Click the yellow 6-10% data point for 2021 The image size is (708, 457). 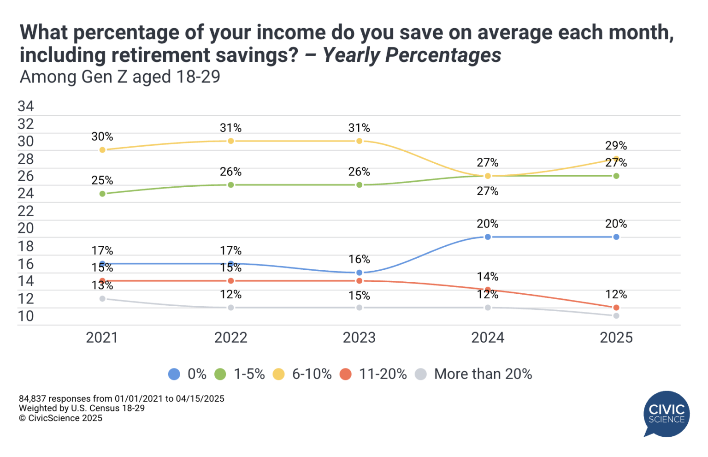[x=102, y=150]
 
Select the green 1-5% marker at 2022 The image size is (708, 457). [x=231, y=185]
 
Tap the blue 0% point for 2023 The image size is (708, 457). [x=359, y=273]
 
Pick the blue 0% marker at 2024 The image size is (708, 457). [x=488, y=237]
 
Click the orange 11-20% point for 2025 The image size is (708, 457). [x=616, y=308]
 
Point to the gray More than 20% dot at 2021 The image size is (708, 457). [x=102, y=299]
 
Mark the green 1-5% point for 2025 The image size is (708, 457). [x=616, y=176]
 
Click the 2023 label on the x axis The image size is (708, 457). [x=359, y=338]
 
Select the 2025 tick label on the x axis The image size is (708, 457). [x=616, y=338]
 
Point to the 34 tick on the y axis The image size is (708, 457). [x=26, y=107]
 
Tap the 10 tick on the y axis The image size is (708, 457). [x=26, y=316]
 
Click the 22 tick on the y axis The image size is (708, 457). [x=26, y=211]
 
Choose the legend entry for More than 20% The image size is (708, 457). [x=483, y=374]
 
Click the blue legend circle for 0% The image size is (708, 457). [x=174, y=374]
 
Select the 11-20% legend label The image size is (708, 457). [x=383, y=374]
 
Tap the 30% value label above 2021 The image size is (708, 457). [x=102, y=137]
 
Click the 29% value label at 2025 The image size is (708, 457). [x=616, y=146]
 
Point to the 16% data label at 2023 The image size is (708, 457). [x=359, y=260]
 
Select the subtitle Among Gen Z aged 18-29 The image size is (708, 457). [x=120, y=77]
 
